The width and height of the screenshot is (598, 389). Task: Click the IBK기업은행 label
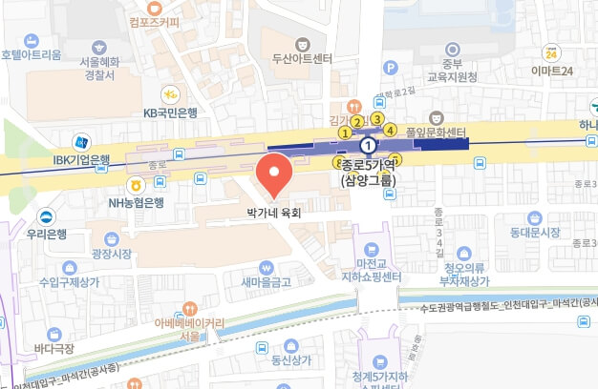click(82, 159)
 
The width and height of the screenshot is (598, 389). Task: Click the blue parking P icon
click(390, 67)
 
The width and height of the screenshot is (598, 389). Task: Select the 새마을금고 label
click(267, 282)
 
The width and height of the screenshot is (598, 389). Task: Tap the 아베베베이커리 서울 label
click(189, 329)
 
